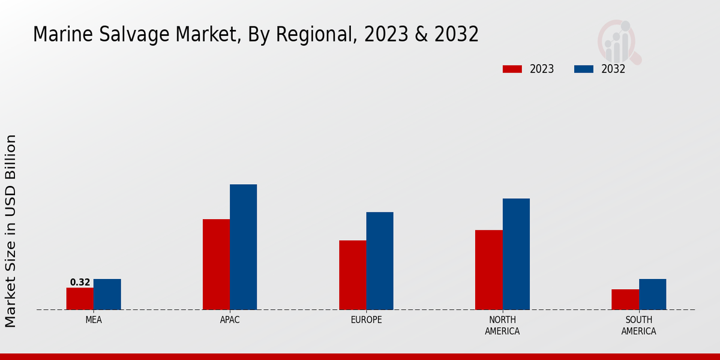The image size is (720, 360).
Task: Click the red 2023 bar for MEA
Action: click(x=80, y=299)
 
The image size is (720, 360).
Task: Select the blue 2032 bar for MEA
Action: click(x=107, y=295)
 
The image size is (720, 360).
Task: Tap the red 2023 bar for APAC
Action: click(x=216, y=265)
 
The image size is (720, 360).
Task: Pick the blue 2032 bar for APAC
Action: click(x=243, y=247)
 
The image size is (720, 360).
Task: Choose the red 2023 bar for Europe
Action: click(x=352, y=275)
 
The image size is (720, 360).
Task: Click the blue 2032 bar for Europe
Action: click(x=380, y=261)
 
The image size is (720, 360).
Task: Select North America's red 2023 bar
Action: click(x=488, y=270)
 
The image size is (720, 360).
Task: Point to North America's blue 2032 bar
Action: click(x=516, y=254)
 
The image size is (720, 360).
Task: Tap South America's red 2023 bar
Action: click(x=625, y=299)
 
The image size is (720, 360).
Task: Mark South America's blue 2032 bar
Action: click(x=652, y=295)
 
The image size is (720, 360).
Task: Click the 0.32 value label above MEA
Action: click(x=80, y=282)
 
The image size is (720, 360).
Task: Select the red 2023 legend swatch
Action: click(x=512, y=69)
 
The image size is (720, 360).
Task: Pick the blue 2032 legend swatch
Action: click(x=584, y=69)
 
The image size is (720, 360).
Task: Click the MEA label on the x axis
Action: click(x=94, y=320)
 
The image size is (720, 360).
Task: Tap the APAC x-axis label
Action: click(x=230, y=320)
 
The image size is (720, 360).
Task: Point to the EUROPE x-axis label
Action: click(x=366, y=320)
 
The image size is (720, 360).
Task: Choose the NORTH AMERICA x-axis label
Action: click(x=502, y=325)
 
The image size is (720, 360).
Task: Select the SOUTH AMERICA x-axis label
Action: click(x=638, y=325)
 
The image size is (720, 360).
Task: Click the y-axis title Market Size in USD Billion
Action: click(x=11, y=231)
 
